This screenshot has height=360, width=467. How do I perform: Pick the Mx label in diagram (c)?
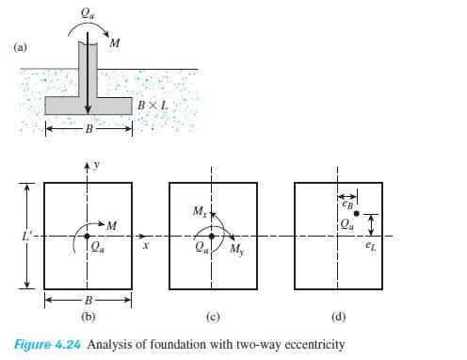pyautogui.click(x=200, y=213)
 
